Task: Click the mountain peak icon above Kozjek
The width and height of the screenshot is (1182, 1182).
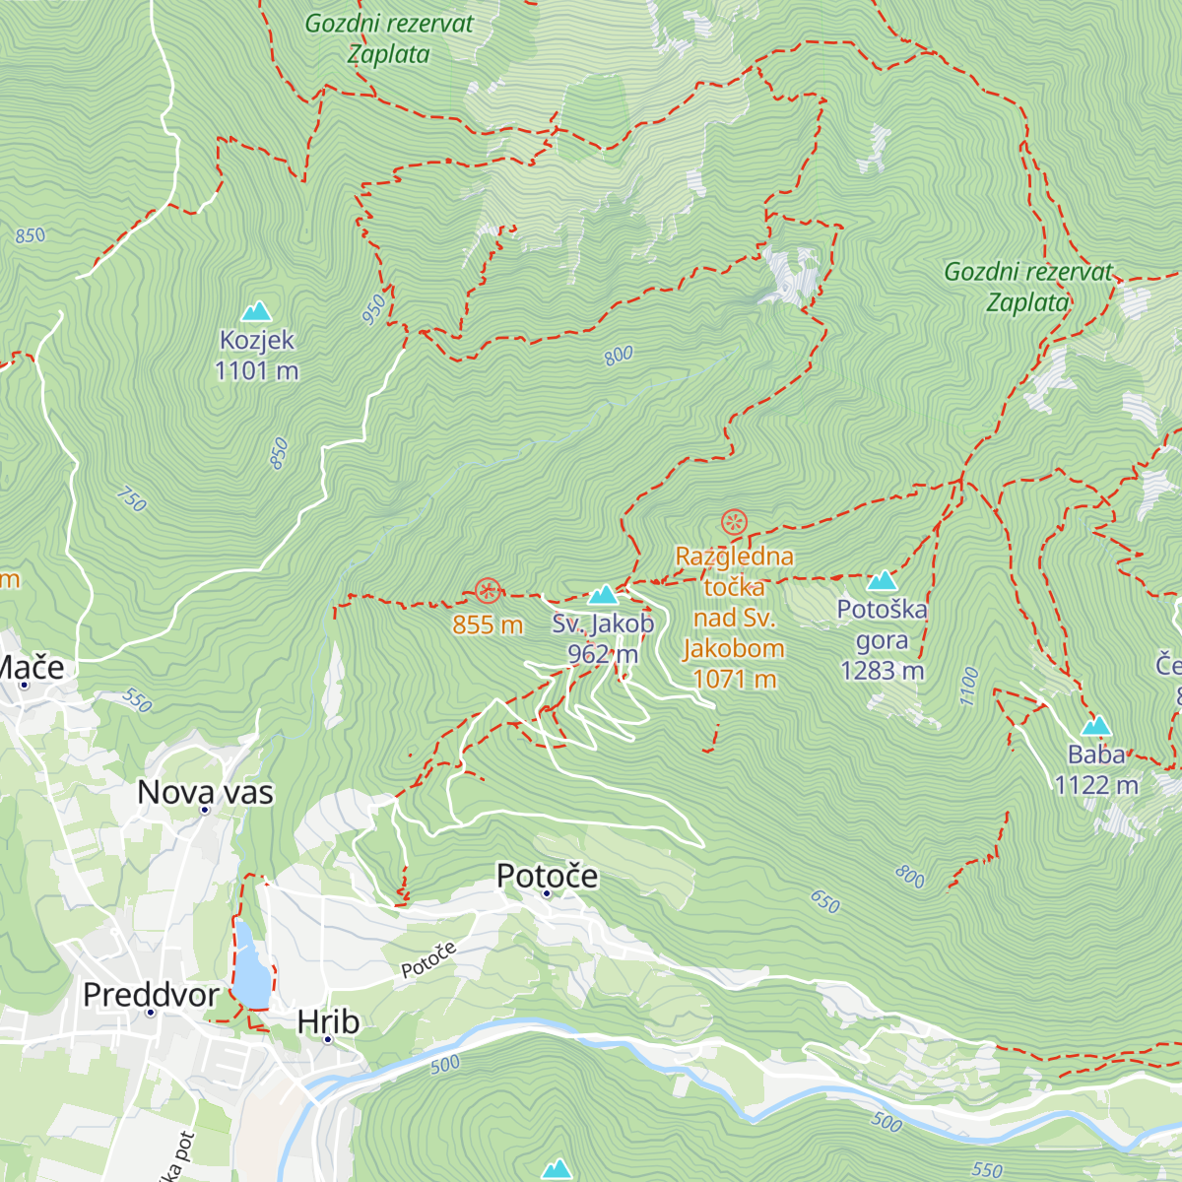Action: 257,311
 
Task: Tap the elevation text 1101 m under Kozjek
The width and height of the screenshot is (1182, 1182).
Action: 257,371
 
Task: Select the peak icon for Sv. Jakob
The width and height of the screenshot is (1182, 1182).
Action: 603,595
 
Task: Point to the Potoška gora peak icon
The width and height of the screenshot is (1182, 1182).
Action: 882,580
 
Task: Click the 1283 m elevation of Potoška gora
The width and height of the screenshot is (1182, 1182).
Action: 882,671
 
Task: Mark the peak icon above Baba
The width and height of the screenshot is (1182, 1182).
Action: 1096,727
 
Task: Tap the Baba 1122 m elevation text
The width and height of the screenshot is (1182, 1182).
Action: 1096,785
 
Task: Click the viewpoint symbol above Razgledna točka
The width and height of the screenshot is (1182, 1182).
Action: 734,522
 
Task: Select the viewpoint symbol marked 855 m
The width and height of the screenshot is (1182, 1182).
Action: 488,591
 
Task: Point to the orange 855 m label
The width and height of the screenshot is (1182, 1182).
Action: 488,624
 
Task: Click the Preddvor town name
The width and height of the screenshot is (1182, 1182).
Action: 151,995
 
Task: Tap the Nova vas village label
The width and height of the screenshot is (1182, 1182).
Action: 205,792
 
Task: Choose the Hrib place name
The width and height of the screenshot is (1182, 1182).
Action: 328,1022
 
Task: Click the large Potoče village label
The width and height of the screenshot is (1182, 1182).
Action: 547,876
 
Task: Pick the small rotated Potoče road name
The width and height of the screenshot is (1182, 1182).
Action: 429,960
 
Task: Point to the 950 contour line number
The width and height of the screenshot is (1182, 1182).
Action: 374,310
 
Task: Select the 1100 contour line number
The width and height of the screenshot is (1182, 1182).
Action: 969,687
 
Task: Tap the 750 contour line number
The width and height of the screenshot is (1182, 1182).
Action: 131,499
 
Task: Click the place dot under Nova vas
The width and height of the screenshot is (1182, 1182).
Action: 205,811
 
